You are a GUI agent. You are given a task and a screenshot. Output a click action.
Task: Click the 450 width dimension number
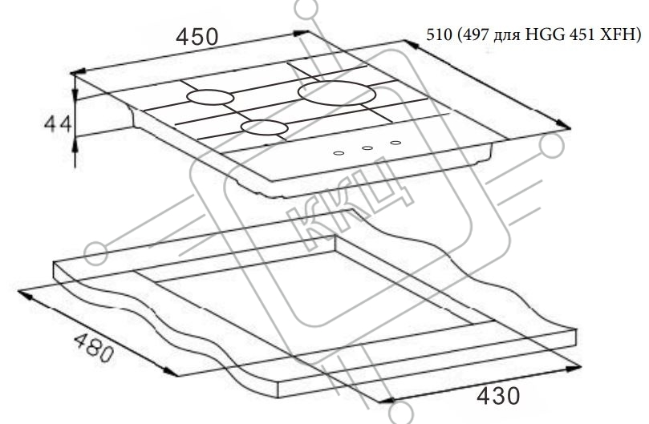point(197,36)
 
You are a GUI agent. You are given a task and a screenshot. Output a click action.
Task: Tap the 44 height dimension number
point(58,124)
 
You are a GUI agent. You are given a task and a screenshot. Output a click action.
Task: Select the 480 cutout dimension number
point(94,348)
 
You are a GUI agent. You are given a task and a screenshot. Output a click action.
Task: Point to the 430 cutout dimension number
point(498,396)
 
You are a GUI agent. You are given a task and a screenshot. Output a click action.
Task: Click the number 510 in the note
point(440,34)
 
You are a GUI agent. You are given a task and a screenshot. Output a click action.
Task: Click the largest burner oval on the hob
point(336,93)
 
